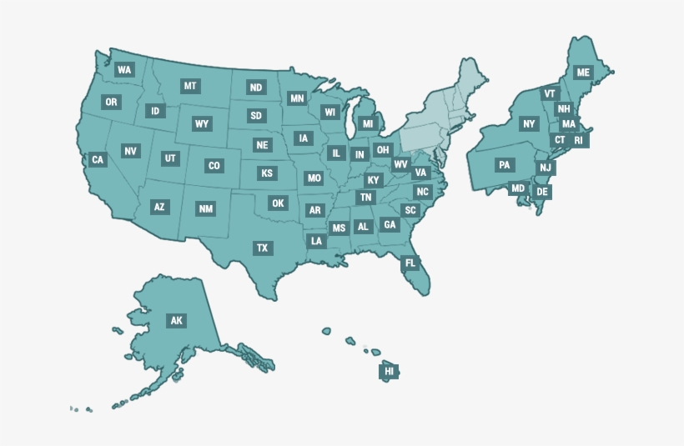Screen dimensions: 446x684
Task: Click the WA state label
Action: click(x=125, y=70)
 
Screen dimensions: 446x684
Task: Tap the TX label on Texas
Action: click(x=262, y=248)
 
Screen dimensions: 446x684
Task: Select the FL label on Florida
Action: click(x=410, y=263)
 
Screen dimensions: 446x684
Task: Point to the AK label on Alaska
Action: click(x=176, y=320)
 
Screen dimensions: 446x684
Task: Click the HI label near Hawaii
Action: click(x=389, y=371)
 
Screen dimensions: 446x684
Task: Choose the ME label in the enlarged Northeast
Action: click(x=583, y=73)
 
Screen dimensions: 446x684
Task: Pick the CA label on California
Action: click(x=98, y=159)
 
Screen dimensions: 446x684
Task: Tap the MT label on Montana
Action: click(x=190, y=86)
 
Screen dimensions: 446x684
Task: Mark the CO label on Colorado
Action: click(x=214, y=166)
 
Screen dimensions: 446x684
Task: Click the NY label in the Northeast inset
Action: click(x=529, y=124)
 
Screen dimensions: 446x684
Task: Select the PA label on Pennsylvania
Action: click(x=504, y=165)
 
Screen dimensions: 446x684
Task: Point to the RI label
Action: click(x=578, y=140)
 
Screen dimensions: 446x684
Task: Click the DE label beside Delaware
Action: click(x=542, y=192)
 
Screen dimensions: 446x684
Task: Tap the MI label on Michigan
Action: click(x=367, y=123)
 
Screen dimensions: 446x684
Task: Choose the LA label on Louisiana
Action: click(x=316, y=241)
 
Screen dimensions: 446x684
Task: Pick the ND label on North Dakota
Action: click(x=256, y=88)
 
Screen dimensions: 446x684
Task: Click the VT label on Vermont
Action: click(x=549, y=94)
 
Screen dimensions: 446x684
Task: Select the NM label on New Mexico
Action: click(x=205, y=208)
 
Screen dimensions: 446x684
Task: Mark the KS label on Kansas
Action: click(x=266, y=173)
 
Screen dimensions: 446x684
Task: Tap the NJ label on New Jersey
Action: click(x=545, y=168)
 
